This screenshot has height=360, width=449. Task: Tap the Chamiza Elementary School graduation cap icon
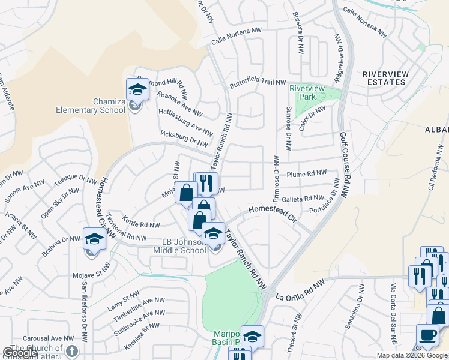tap(137, 90)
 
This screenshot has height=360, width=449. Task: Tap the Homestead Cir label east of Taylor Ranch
tap(273, 212)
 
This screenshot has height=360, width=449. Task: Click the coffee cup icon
tap(427, 335)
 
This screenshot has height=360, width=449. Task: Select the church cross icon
tap(71, 351)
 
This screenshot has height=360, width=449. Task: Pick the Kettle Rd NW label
tap(141, 224)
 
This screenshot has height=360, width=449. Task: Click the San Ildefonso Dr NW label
tap(85, 305)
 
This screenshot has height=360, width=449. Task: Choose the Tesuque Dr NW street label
tap(75, 179)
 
